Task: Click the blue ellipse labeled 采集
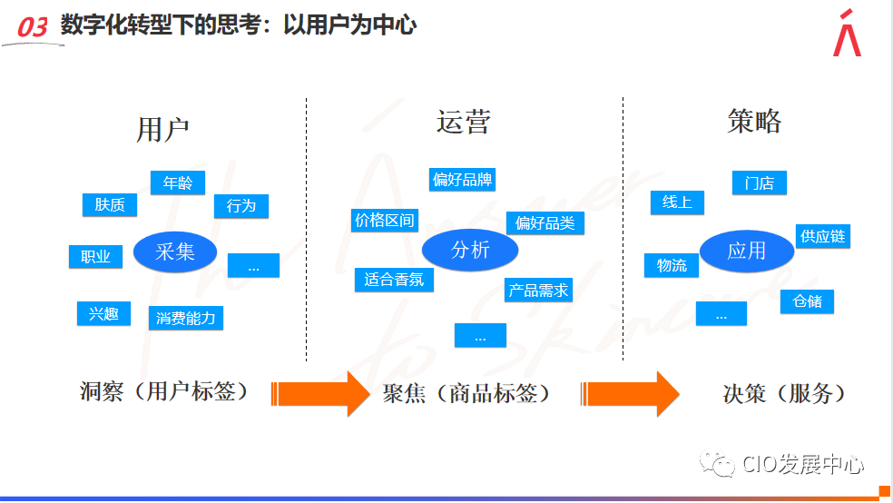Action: point(175,251)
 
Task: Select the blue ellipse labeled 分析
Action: point(470,250)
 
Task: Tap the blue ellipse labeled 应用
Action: point(746,251)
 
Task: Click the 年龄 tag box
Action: point(177,182)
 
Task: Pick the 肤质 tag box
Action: point(110,205)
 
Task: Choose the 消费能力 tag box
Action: point(185,318)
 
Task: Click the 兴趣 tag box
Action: point(103,314)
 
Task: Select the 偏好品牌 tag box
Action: point(462,179)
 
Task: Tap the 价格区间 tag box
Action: point(385,220)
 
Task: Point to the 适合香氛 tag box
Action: point(394,280)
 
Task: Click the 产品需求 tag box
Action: point(538,291)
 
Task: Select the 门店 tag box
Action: point(759,182)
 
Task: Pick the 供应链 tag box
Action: point(823,236)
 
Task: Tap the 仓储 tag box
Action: point(807,301)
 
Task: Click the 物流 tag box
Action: point(672,265)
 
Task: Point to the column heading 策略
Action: point(754,121)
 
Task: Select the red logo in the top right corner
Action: point(847,34)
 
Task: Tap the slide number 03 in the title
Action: point(32,28)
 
